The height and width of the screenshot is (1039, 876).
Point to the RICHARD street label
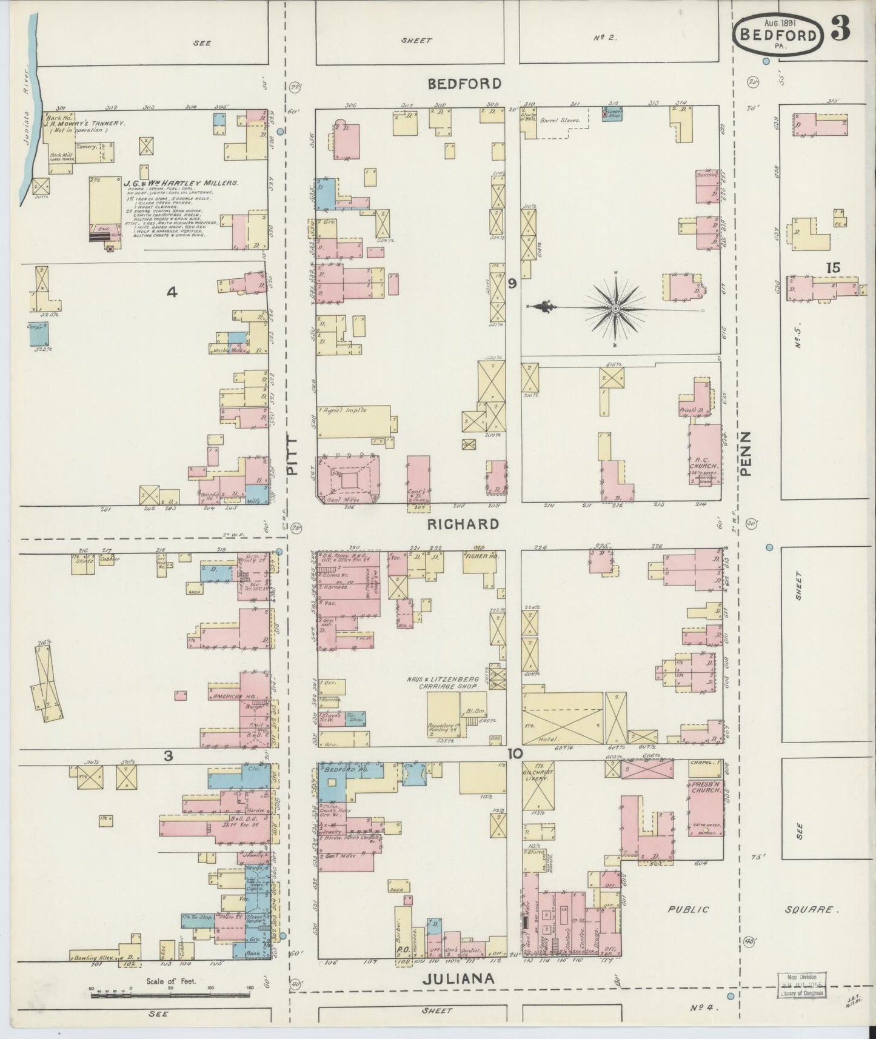click(463, 524)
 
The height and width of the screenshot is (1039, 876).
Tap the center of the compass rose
click(616, 309)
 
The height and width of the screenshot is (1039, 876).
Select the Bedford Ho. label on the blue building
click(343, 770)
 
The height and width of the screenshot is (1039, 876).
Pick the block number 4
click(172, 293)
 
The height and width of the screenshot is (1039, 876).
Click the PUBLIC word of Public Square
click(688, 909)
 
